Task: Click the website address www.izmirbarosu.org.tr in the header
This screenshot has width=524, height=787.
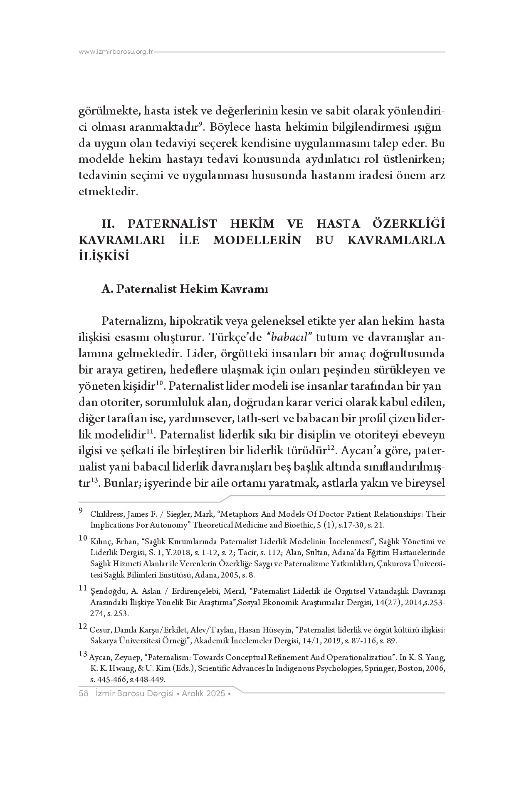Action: click(116, 52)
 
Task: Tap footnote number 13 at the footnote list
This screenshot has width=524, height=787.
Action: click(83, 654)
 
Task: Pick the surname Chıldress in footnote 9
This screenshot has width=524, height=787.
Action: click(107, 514)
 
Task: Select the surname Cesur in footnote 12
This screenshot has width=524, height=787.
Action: click(99, 630)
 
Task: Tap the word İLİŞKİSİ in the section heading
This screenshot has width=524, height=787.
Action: click(104, 256)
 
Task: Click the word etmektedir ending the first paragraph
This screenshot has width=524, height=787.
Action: click(107, 192)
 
